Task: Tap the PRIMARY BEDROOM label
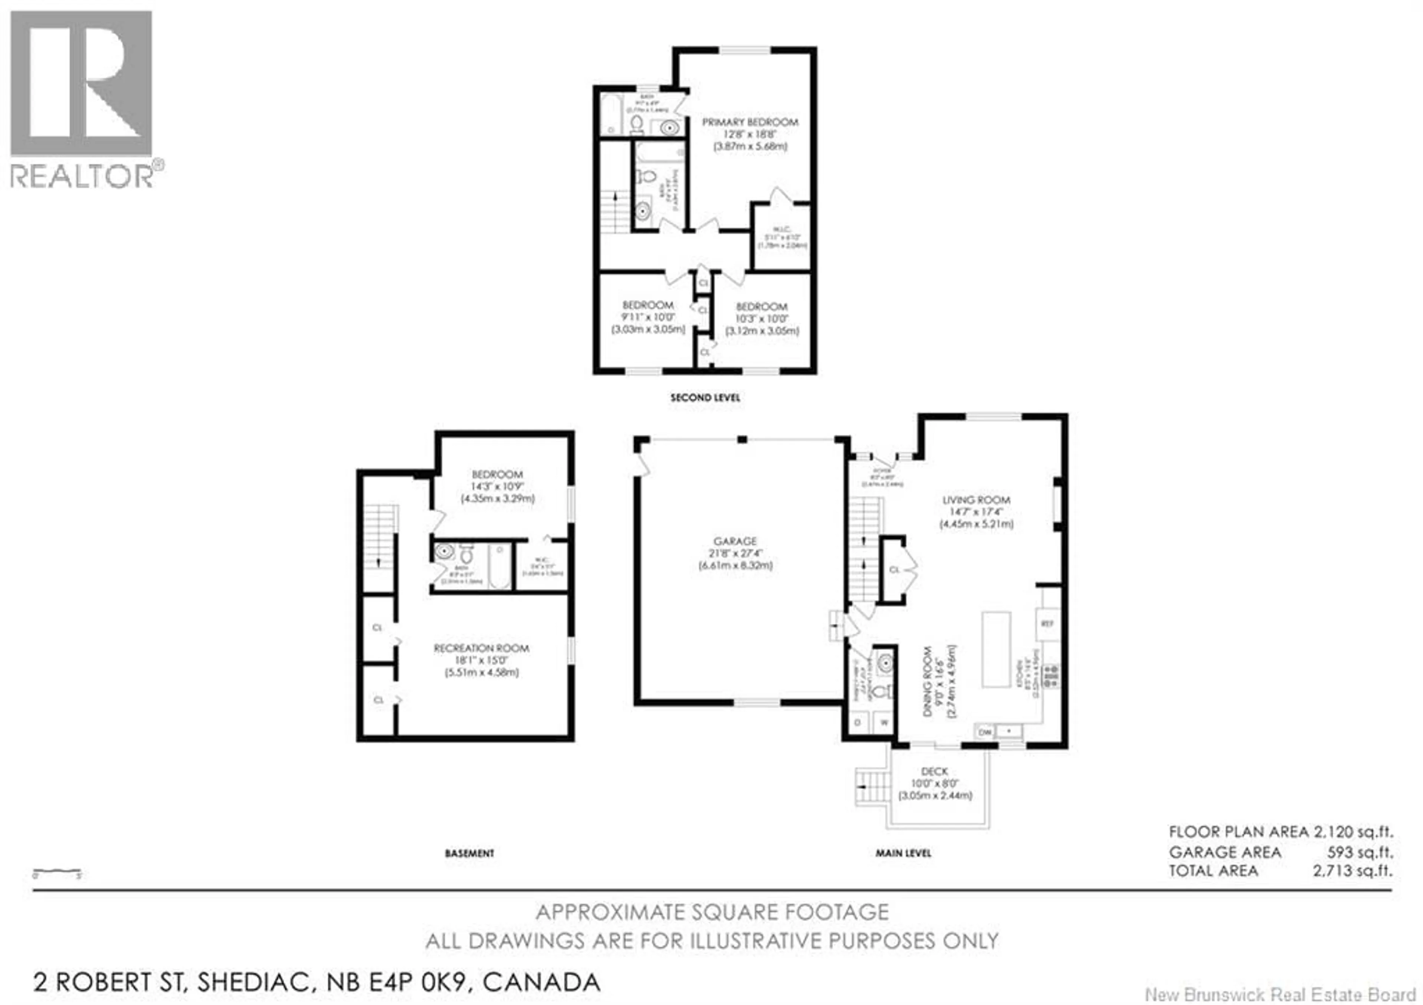pyautogui.click(x=750, y=122)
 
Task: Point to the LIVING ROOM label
pyautogui.click(x=976, y=500)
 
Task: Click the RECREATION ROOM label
pyautogui.click(x=482, y=648)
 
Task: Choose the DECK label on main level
pyautogui.click(x=935, y=771)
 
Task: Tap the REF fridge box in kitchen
pyautogui.click(x=1047, y=623)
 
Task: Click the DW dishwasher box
pyautogui.click(x=985, y=732)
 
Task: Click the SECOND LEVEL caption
pyautogui.click(x=705, y=397)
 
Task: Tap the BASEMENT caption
pyautogui.click(x=469, y=853)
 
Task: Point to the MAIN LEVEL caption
pyautogui.click(x=903, y=853)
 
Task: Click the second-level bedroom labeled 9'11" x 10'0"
pyautogui.click(x=648, y=317)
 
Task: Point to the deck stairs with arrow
pyautogui.click(x=872, y=786)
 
